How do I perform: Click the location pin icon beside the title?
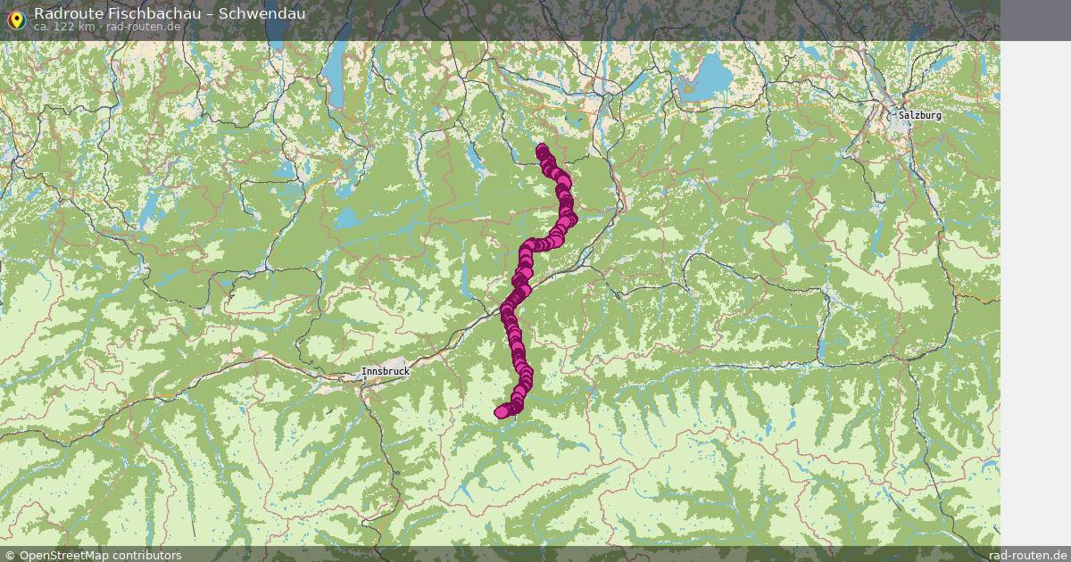[15, 20]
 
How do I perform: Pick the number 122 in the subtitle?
[64, 27]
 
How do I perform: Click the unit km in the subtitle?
[87, 27]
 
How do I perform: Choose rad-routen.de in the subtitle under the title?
[145, 27]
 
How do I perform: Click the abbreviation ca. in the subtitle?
[42, 27]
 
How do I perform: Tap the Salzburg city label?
[919, 115]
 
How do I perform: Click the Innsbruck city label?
[385, 371]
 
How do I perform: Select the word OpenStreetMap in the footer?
[67, 555]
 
